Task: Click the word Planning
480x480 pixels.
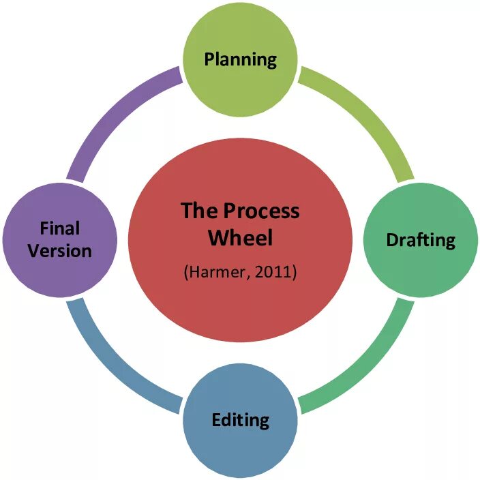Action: (241, 59)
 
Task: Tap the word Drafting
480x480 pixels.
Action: (421, 240)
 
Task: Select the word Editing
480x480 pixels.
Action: (241, 419)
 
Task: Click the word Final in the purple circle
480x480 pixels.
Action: (60, 228)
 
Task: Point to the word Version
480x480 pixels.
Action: (60, 251)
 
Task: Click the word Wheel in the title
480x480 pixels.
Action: (240, 238)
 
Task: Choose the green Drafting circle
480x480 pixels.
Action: (421, 266)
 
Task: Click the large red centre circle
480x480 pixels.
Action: (240, 307)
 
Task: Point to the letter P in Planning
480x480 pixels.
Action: (209, 59)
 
